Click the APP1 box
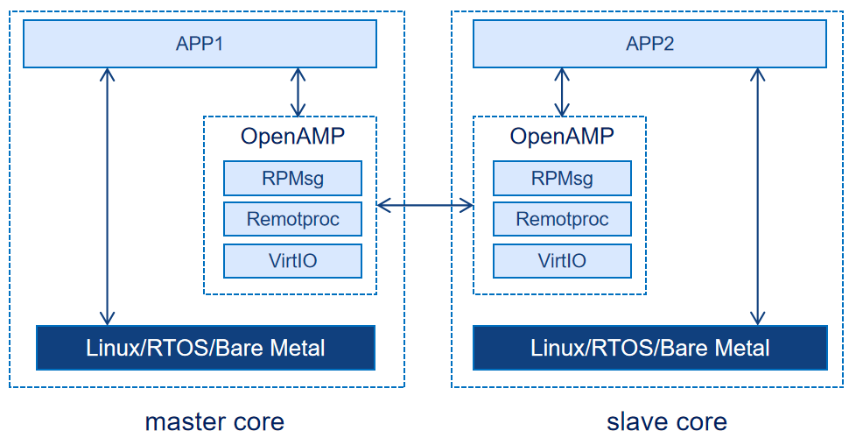pyautogui.click(x=200, y=44)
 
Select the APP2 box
pyautogui.click(x=649, y=44)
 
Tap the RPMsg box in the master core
pyautogui.click(x=292, y=178)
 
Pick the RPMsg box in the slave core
pyautogui.click(x=562, y=178)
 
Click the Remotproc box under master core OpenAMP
pyautogui.click(x=292, y=219)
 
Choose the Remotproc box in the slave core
pyautogui.click(x=562, y=219)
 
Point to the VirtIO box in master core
pyautogui.click(x=292, y=260)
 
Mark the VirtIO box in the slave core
pyautogui.click(x=562, y=260)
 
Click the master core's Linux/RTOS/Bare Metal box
pyautogui.click(x=206, y=348)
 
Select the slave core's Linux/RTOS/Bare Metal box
pyautogui.click(x=649, y=348)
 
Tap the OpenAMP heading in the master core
pyautogui.click(x=292, y=137)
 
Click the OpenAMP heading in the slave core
pyautogui.click(x=562, y=137)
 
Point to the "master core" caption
pyautogui.click(x=214, y=422)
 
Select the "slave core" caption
pyautogui.click(x=667, y=422)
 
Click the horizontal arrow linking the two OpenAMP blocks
pyautogui.click(x=424, y=205)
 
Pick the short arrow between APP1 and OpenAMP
pyautogui.click(x=298, y=92)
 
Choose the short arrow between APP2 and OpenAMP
pyautogui.click(x=562, y=92)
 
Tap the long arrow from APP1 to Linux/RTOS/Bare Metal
pyautogui.click(x=108, y=197)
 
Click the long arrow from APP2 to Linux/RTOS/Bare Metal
pyautogui.click(x=758, y=197)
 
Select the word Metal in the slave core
pyautogui.click(x=740, y=348)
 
